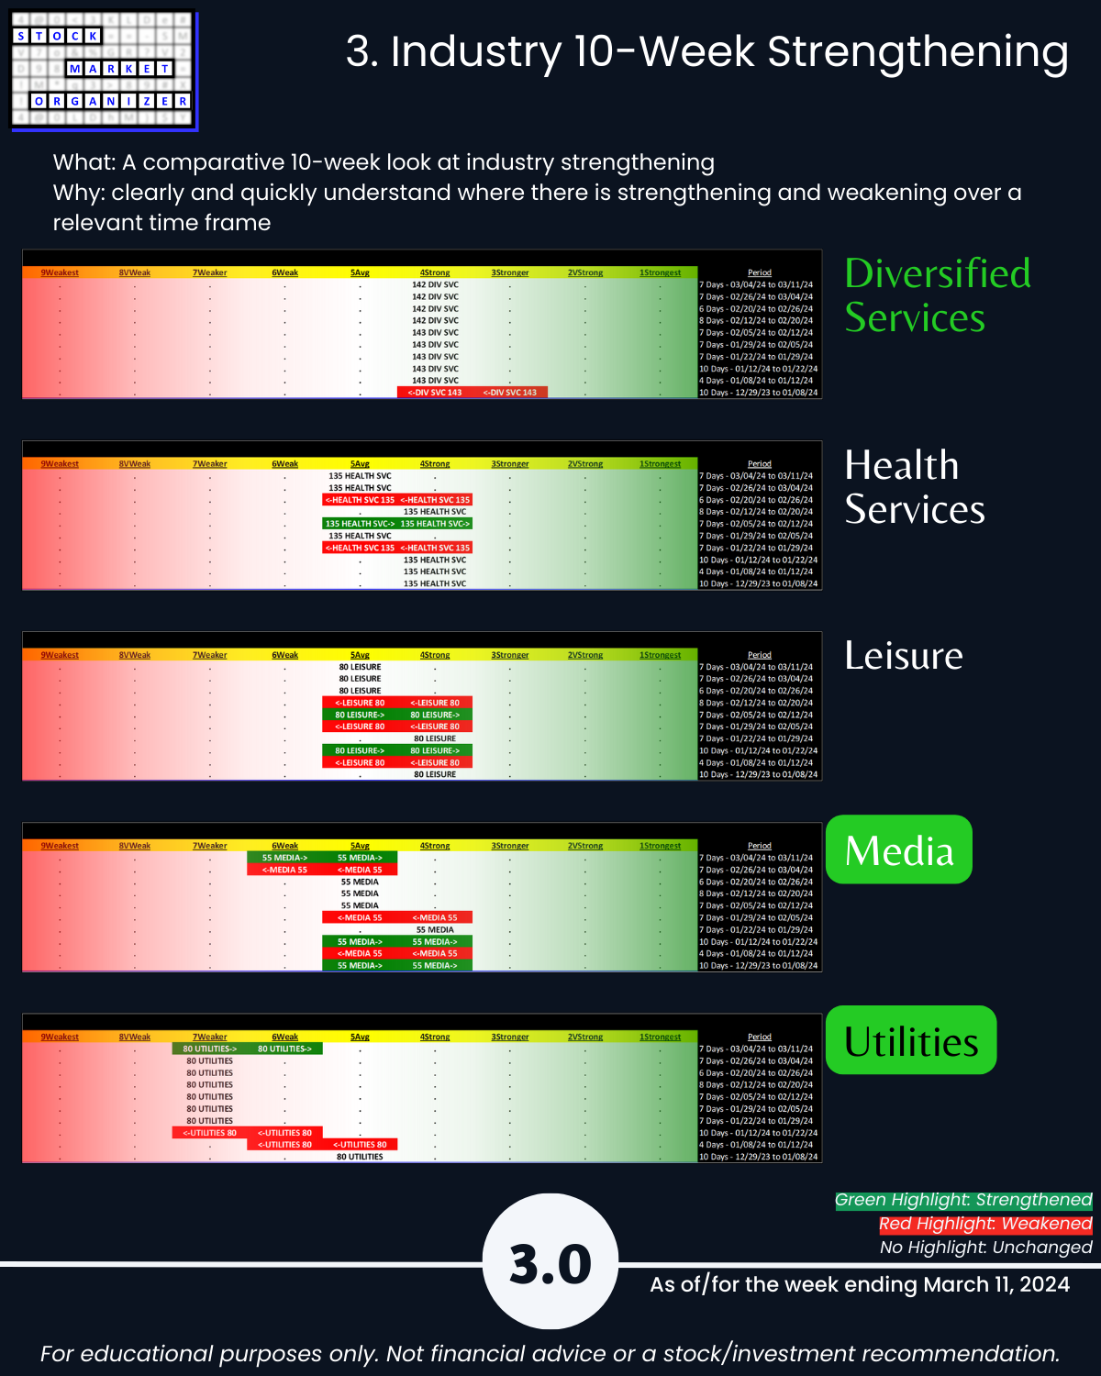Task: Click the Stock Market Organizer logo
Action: click(103, 70)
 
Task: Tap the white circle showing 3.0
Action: click(550, 1262)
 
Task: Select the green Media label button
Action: click(899, 850)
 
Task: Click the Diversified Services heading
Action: click(937, 295)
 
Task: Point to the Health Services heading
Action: click(915, 487)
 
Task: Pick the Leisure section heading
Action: click(904, 656)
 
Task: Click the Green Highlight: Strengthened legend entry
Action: click(963, 1200)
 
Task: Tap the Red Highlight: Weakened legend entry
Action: click(985, 1224)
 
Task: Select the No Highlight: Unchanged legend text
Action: click(985, 1248)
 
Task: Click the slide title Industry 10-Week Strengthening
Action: click(706, 51)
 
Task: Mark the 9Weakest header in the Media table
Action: click(60, 846)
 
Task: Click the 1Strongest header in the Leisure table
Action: click(660, 655)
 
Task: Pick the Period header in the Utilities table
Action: click(760, 1037)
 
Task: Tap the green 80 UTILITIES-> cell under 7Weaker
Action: click(210, 1049)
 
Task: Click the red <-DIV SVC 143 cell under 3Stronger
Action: click(510, 393)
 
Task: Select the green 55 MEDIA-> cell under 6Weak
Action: click(284, 858)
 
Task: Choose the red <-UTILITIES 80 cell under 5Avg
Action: click(360, 1145)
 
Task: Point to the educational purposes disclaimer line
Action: click(550, 1354)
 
